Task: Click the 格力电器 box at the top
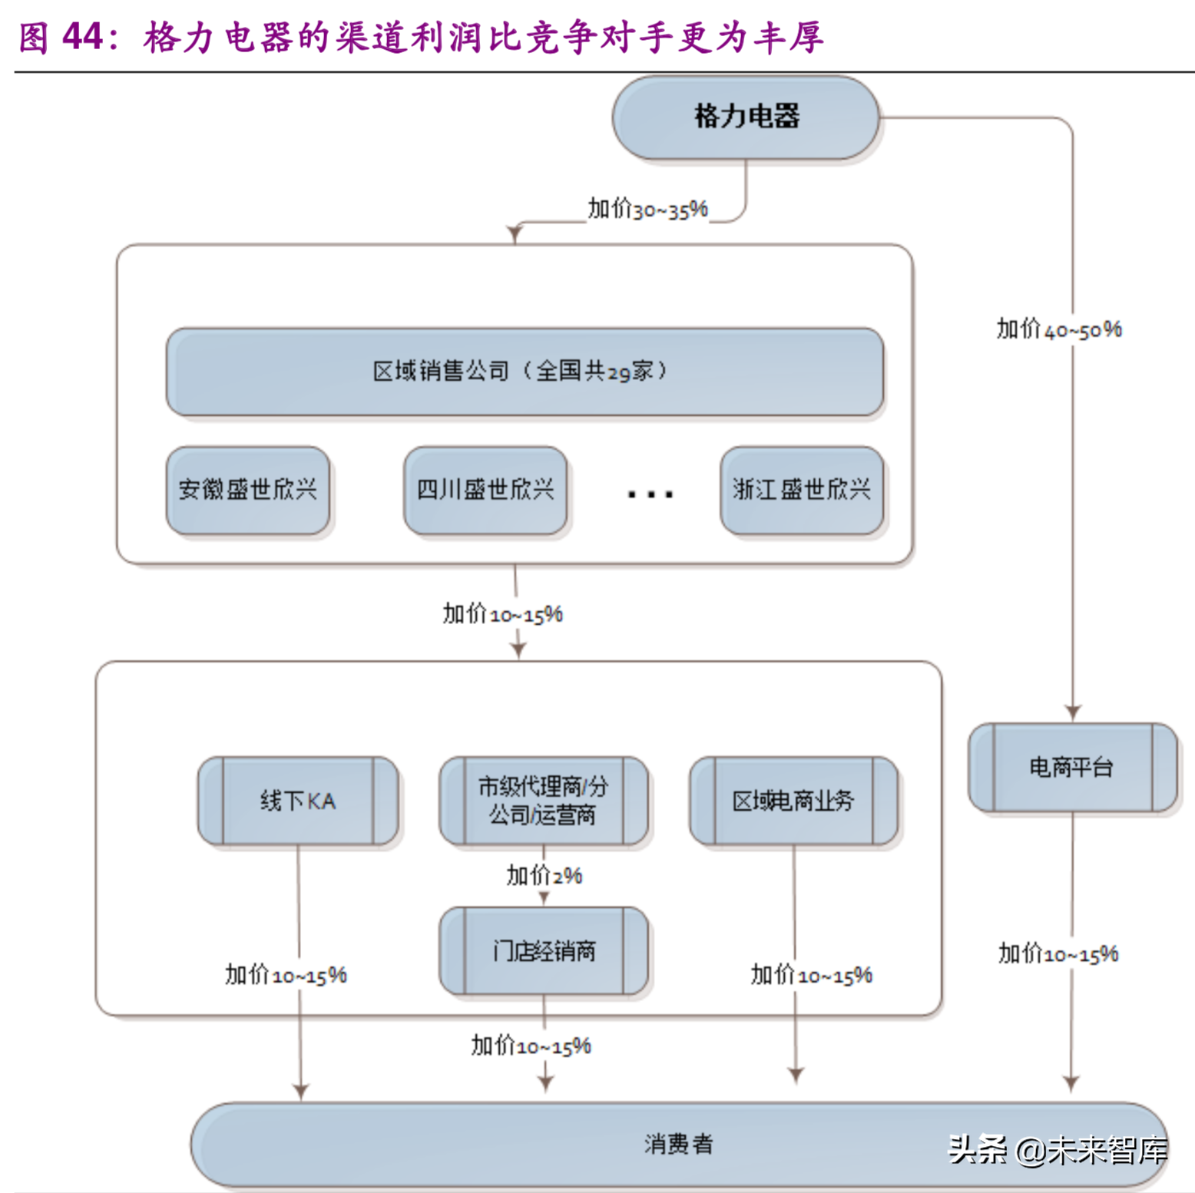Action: coord(746,117)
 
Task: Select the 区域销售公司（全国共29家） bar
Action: coord(525,372)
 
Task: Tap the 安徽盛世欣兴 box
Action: coord(248,490)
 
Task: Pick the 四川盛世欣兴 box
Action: coord(485,490)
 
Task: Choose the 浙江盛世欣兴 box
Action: coord(802,490)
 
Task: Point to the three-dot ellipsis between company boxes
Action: coord(650,494)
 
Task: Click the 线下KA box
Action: coord(298,801)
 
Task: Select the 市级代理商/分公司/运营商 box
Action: coord(544,801)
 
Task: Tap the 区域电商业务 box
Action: coord(793,801)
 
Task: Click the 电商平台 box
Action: coord(1072,767)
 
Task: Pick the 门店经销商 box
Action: coord(544,951)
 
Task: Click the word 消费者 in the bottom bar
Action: coord(679,1144)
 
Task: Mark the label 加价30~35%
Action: coord(647,210)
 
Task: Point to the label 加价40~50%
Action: coord(1059,329)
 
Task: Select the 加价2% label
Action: coord(544,875)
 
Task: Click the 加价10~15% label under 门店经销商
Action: coord(531,1046)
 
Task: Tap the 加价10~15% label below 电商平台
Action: coord(1058,954)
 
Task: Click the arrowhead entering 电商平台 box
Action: coord(1073,712)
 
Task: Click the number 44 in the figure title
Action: coord(82,36)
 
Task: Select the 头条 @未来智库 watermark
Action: coord(1058,1149)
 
